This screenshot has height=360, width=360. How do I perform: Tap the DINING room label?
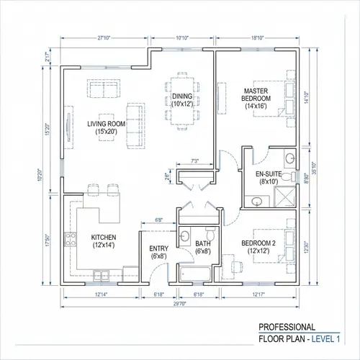[183, 100]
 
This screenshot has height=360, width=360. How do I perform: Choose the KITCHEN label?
[104, 240]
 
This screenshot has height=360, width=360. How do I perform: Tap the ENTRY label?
[158, 252]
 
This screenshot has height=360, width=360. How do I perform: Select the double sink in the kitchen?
[101, 272]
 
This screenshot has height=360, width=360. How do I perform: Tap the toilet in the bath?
[209, 235]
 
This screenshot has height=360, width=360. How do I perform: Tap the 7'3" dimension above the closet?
[194, 161]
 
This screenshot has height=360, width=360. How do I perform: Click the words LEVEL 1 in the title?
[327, 338]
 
